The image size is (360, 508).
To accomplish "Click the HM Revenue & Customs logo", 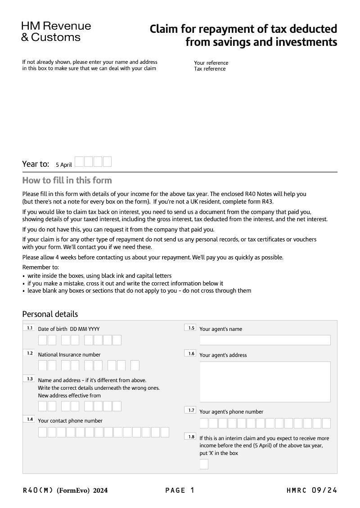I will tap(56, 31).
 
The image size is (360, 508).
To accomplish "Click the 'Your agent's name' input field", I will tap(265, 340).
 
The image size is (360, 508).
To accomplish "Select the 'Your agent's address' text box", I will tap(265, 382).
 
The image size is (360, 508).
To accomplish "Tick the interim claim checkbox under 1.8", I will tap(204, 464).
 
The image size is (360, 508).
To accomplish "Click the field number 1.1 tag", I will tap(29, 328).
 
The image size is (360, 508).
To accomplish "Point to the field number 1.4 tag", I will tap(29, 419).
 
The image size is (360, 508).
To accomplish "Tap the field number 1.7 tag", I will tap(191, 410).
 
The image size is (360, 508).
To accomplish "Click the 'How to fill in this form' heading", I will tap(67, 181).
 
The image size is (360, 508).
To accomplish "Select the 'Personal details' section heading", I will tap(50, 314).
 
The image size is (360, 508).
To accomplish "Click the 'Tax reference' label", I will tap(210, 69).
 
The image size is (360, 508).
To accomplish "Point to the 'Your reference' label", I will tap(211, 63).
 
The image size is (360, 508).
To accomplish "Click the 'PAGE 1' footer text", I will tap(180, 490).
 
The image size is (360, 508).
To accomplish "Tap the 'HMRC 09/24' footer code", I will tap(311, 490).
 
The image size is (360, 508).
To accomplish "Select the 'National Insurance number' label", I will tap(69, 355).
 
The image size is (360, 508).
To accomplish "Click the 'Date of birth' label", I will tap(53, 329).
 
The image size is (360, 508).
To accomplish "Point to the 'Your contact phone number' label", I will tap(70, 421).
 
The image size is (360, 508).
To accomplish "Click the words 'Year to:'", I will tap(36, 164).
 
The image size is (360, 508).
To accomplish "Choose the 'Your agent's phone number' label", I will tap(231, 412).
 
